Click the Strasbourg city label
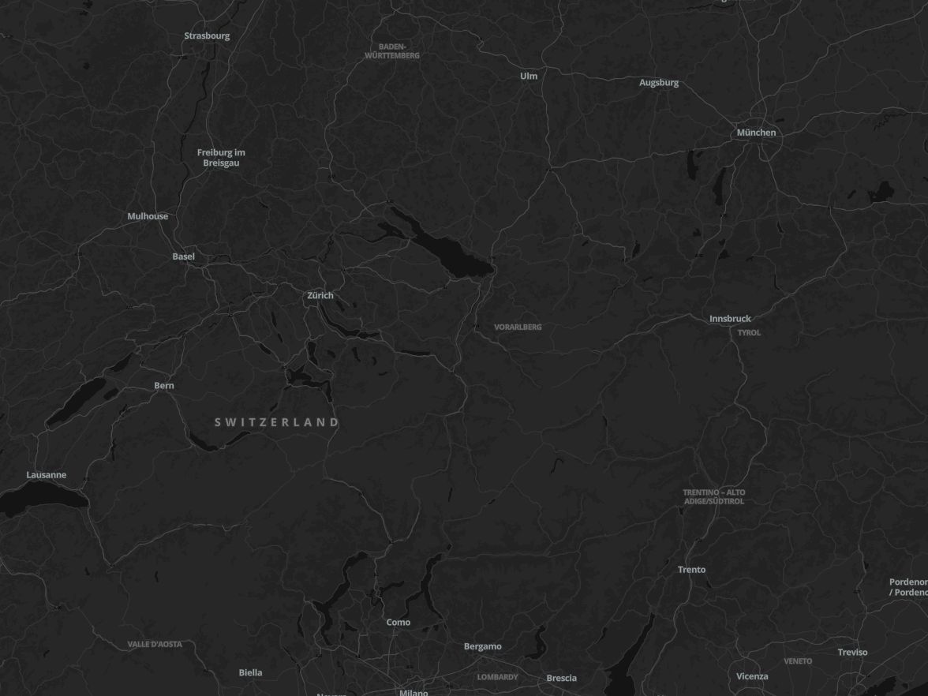point(207,36)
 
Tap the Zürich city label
point(320,295)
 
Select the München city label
point(756,133)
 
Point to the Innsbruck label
point(730,319)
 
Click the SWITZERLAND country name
point(277,422)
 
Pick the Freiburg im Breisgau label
point(221,157)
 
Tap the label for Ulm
point(529,76)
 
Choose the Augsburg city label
point(659,82)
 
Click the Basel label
point(184,256)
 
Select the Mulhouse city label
point(148,216)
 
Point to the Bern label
point(164,386)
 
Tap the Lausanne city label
point(47,475)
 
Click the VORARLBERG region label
point(518,327)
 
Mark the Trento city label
point(692,570)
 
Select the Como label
point(399,623)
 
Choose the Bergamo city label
point(482,646)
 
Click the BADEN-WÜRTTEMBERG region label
point(392,51)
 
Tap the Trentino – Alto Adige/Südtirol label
point(713,496)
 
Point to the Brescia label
point(562,678)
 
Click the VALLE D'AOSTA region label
point(155,644)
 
